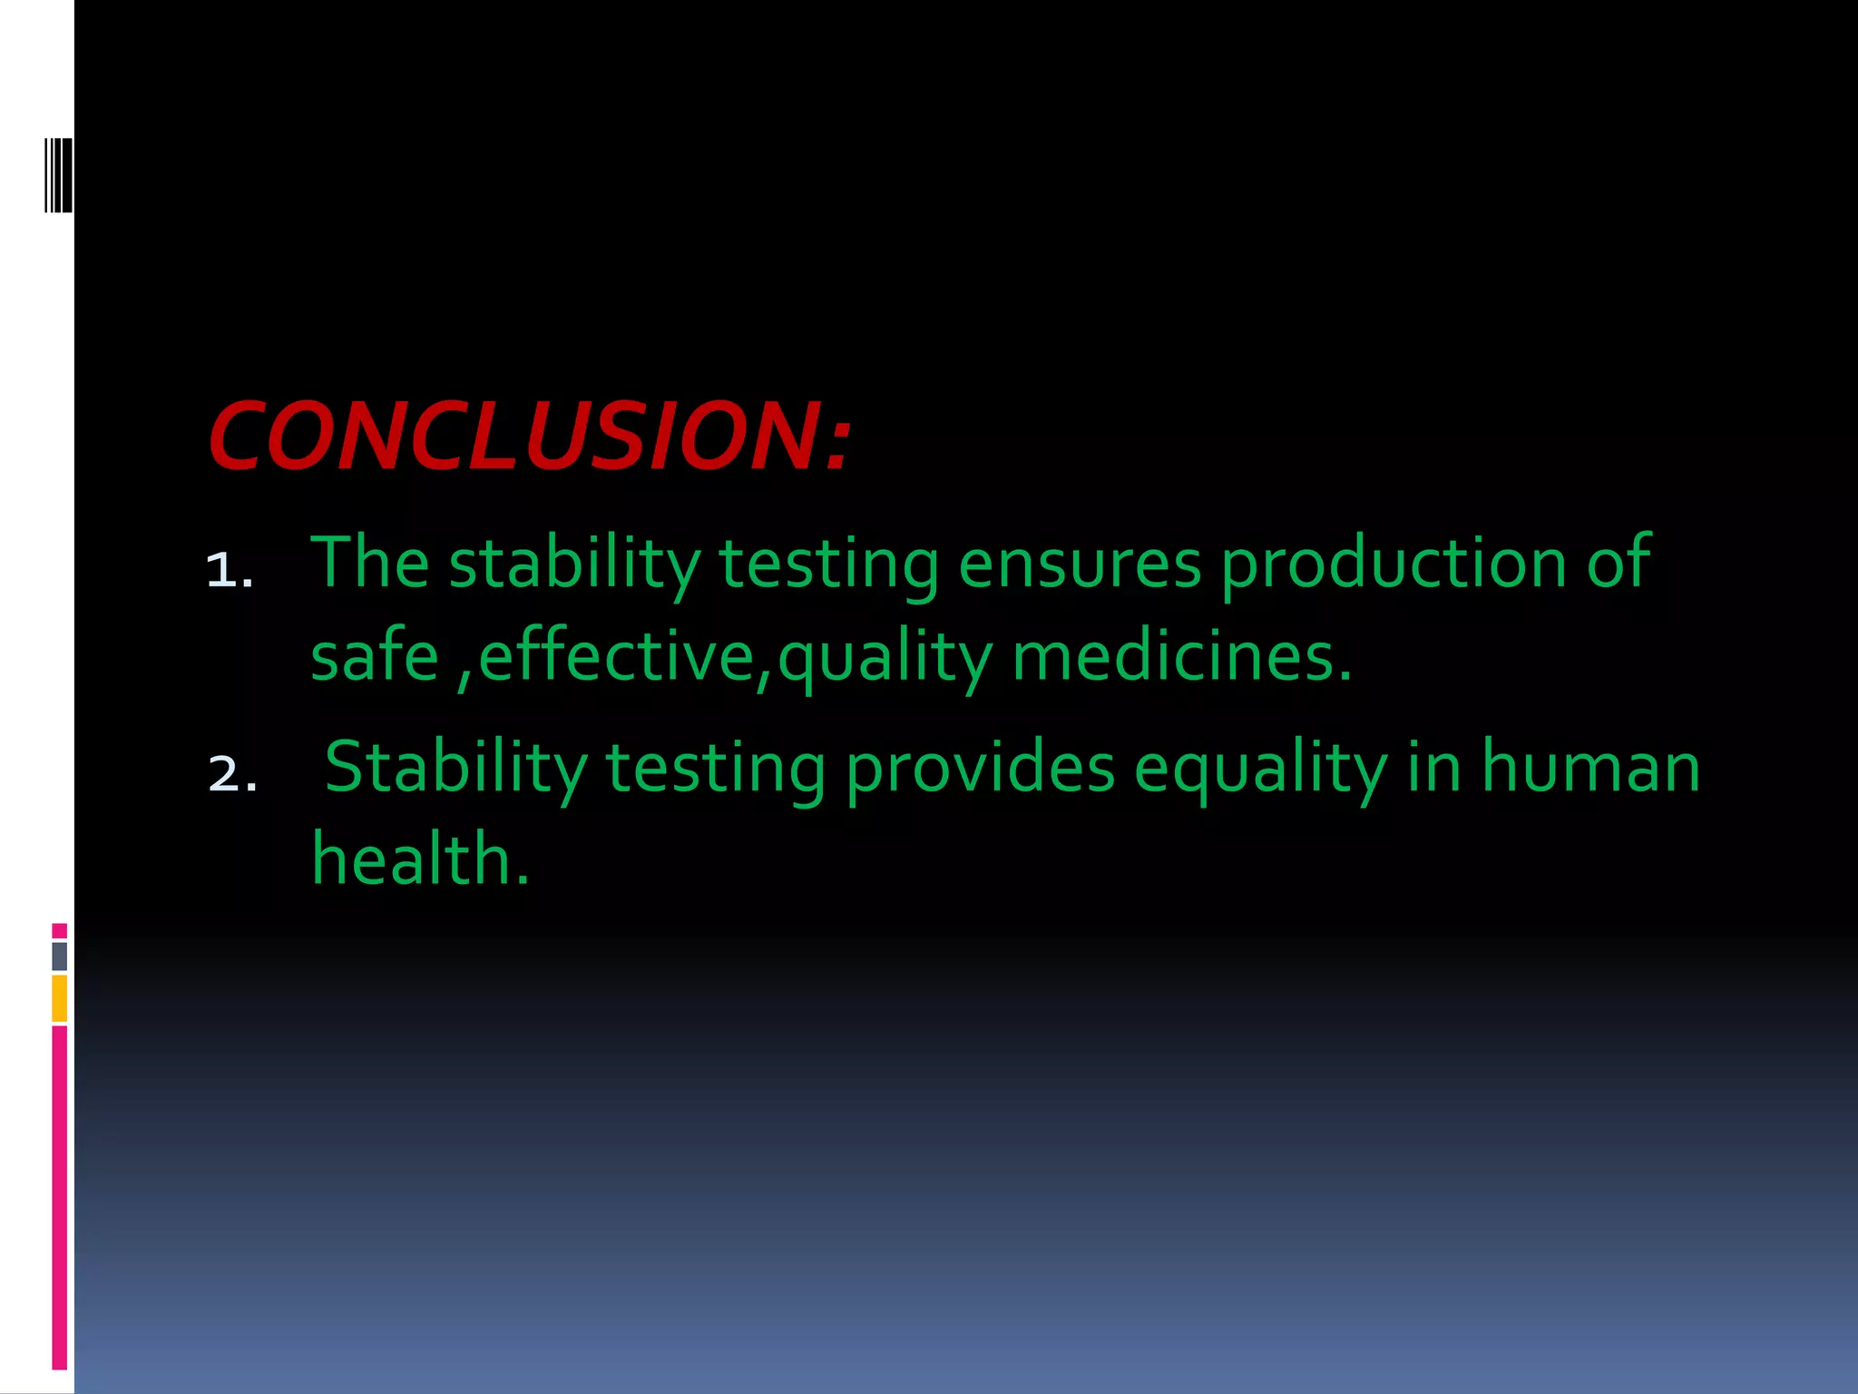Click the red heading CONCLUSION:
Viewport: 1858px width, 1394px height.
530,437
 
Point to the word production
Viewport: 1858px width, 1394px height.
1393,564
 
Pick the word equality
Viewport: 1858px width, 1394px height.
1260,770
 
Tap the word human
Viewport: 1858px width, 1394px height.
1590,768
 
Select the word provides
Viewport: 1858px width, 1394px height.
980,768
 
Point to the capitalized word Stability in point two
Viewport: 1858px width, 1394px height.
455,770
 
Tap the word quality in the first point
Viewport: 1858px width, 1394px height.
885,657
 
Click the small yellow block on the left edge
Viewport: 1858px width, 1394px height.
59,998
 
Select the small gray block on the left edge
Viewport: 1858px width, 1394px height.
59,957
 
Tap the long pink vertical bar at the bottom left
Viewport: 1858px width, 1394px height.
59,1198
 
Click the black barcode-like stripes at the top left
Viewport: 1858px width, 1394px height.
58,175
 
